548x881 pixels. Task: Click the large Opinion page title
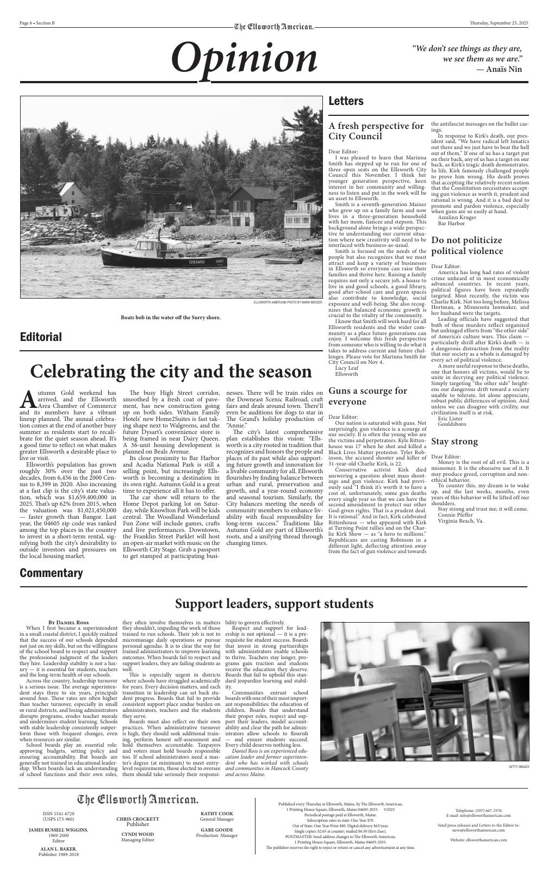coord(244,59)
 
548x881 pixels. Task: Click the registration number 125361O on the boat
coord(197,262)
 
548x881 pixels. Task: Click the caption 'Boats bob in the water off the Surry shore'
coord(171,317)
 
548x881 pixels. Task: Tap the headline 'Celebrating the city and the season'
coord(171,371)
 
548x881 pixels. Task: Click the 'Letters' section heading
coord(346,101)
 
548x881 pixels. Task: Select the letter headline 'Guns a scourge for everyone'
coord(368,396)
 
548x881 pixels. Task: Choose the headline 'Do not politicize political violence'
coord(467,245)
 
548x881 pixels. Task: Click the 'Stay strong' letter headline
coord(454,441)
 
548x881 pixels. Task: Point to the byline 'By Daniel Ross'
coord(68,622)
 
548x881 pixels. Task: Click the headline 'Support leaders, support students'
coord(274,604)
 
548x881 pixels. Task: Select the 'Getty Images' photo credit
coord(519,766)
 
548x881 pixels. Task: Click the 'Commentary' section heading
coord(51,573)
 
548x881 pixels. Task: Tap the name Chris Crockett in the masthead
coord(138,818)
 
